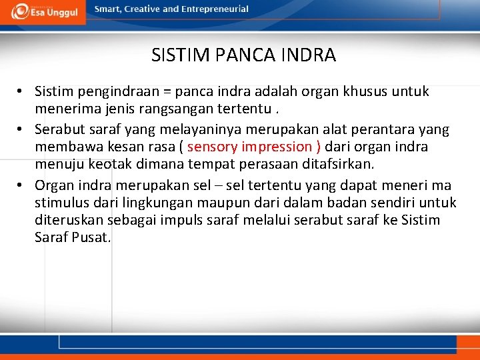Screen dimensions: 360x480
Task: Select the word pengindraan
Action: pyautogui.click(x=113, y=91)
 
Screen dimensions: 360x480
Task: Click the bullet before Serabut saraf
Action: pyautogui.click(x=21, y=129)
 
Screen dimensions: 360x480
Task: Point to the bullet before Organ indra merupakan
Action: pyautogui.click(x=21, y=185)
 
